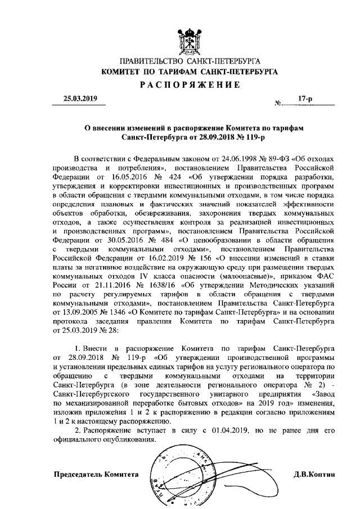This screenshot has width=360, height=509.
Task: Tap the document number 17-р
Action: [x=306, y=98]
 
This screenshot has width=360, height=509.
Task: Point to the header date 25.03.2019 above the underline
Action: [x=80, y=98]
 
